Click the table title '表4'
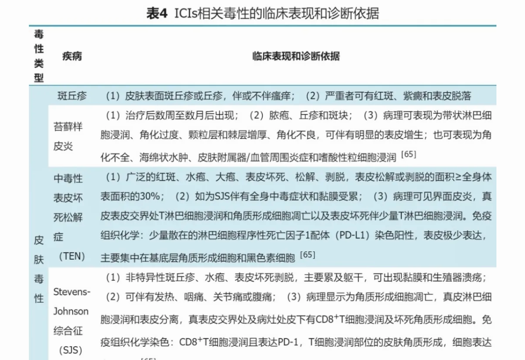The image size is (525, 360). [156, 14]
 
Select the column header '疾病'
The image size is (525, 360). [72, 57]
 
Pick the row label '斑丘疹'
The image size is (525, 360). [72, 96]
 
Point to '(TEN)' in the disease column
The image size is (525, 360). [72, 256]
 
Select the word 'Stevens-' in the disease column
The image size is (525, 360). [72, 291]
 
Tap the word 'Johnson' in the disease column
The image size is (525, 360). [71, 311]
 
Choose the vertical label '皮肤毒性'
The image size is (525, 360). [39, 269]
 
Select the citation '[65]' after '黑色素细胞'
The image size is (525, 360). [307, 254]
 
